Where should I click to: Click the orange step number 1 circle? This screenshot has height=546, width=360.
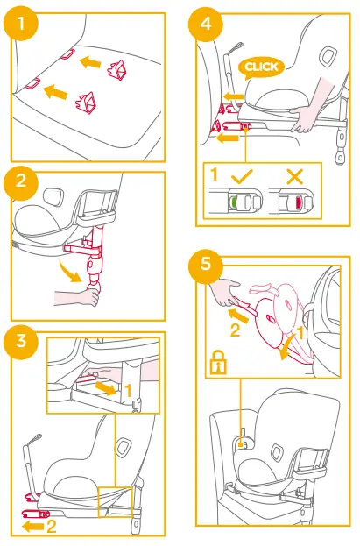20,24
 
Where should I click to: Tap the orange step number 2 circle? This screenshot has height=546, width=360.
20,182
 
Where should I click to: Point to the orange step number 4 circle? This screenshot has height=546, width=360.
206,24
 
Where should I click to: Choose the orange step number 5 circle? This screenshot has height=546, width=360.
206,264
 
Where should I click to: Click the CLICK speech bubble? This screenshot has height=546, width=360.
261,67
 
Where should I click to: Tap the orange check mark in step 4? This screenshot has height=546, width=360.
243,176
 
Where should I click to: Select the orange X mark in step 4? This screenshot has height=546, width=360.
295,176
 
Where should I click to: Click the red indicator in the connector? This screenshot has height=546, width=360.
299,202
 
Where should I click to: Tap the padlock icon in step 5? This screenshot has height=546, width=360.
218,363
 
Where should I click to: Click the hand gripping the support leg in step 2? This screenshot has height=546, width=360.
78,298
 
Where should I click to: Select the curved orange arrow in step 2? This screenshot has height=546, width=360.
71,273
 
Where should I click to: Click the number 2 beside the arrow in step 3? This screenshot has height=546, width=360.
51,526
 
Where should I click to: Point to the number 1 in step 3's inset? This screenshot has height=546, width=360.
128,390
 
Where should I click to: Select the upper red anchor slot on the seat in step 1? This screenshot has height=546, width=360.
67,53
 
